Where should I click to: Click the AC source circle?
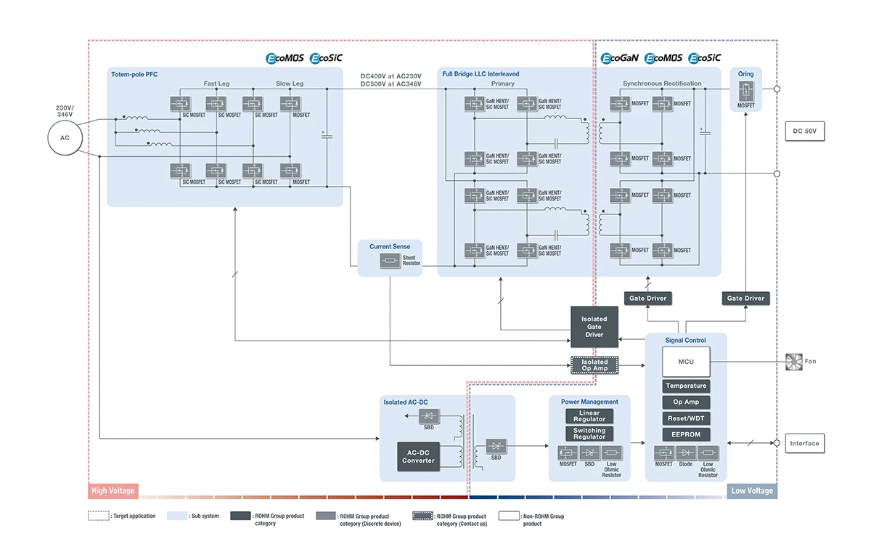click(x=63, y=138)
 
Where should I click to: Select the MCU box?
click(x=686, y=361)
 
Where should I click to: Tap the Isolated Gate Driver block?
click(x=594, y=326)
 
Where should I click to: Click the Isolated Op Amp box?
click(x=594, y=365)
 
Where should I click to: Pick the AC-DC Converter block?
click(x=418, y=456)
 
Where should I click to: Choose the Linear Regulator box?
click(x=589, y=416)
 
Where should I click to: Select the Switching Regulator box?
click(x=589, y=434)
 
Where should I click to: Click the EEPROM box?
click(x=686, y=434)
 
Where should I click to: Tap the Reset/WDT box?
click(x=686, y=418)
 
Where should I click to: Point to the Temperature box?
click(x=686, y=386)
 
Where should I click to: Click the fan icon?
click(x=794, y=361)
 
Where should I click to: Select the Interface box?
click(x=804, y=443)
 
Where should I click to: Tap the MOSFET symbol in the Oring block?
click(x=746, y=92)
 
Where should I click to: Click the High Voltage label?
click(x=113, y=491)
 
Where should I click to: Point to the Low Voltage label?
click(x=752, y=491)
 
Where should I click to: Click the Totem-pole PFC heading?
click(x=134, y=74)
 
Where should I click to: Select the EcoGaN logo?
click(x=619, y=58)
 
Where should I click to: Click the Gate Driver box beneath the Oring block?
click(x=745, y=298)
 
